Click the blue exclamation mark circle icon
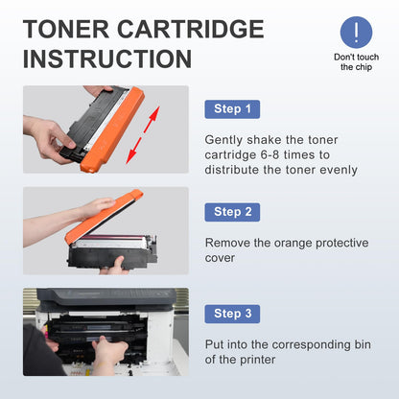click(356, 33)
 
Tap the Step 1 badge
click(232, 109)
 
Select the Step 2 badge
click(232, 212)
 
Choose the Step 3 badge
click(232, 314)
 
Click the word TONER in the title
click(66, 29)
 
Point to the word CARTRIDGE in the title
click(191, 29)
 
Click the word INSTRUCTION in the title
click(107, 59)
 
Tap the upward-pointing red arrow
click(152, 120)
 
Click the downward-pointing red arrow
click(134, 151)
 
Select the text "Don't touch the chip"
click(356, 62)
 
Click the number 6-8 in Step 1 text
click(270, 155)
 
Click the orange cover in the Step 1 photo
click(112, 129)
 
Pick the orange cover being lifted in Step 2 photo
click(103, 216)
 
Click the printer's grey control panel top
click(106, 295)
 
